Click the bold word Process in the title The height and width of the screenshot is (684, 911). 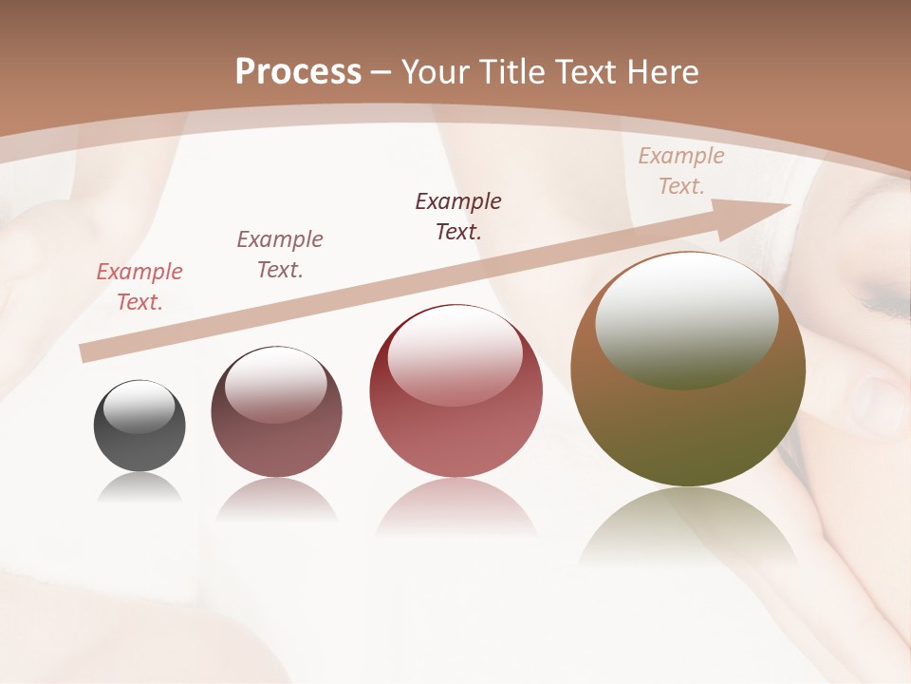click(298, 72)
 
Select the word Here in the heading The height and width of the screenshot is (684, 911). click(663, 72)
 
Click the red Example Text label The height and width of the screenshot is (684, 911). click(139, 287)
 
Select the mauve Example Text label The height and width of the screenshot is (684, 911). click(280, 255)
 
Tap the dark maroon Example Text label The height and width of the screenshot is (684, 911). click(458, 217)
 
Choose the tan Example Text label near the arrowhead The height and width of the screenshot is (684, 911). click(680, 171)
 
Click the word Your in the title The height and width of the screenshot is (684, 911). click(433, 72)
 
